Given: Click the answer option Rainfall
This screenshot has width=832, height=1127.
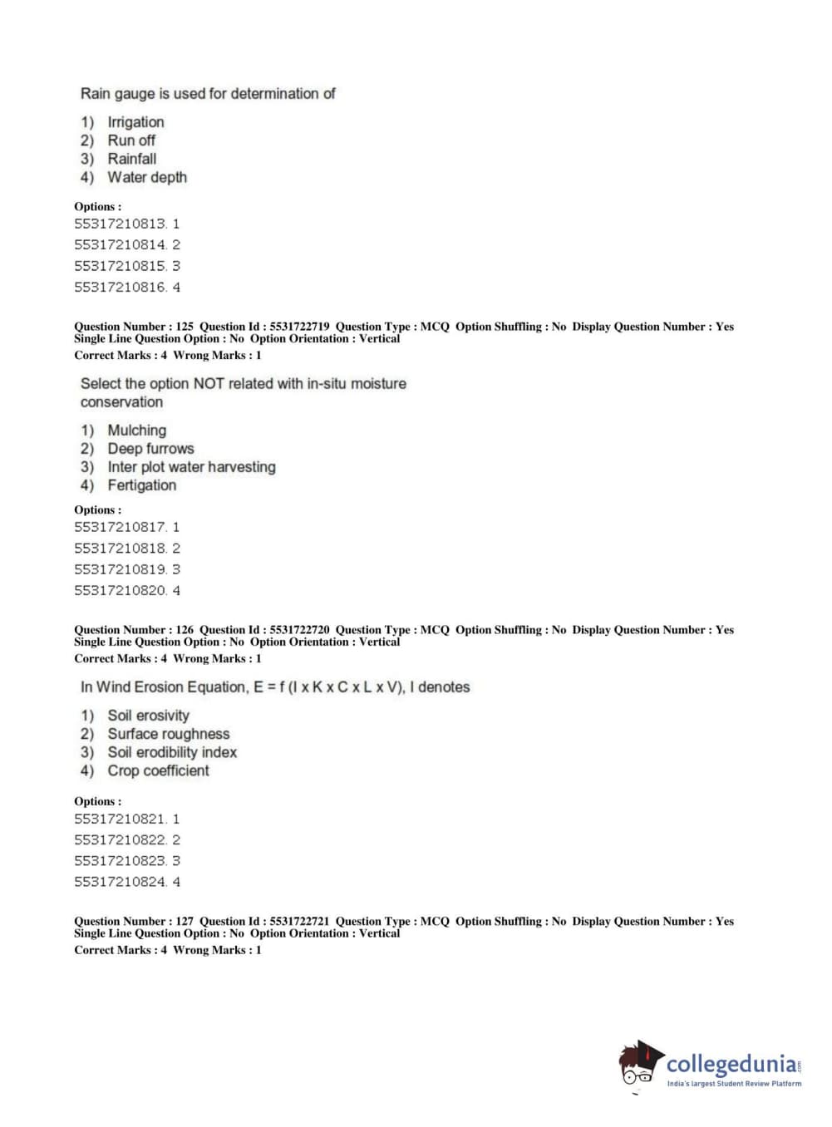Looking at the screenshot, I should (x=131, y=159).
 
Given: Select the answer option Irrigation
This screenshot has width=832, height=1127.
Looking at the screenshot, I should (x=135, y=122).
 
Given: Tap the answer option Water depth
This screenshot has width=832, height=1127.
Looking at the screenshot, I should (x=147, y=177).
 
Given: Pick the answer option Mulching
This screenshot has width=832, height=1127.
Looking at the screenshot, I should (x=136, y=431).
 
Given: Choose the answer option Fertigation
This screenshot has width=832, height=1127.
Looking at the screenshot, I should (x=141, y=485).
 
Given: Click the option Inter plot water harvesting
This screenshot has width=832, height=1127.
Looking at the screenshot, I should (x=191, y=467).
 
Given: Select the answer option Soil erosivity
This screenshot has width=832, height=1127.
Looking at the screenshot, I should (x=148, y=716).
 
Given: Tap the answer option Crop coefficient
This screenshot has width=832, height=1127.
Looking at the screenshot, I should (x=158, y=770).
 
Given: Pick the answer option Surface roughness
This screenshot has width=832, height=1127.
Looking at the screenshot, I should (x=168, y=734).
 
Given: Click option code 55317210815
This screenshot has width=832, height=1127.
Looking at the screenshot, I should (x=121, y=266).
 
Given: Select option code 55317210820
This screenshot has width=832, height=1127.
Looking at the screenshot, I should (x=121, y=591).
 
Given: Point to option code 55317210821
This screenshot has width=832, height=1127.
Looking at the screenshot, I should (x=121, y=819).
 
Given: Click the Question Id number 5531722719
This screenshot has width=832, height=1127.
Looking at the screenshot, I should (x=299, y=327).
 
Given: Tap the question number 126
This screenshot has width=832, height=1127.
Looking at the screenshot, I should (x=185, y=630).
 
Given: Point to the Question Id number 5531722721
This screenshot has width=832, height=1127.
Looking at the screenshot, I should (x=299, y=921).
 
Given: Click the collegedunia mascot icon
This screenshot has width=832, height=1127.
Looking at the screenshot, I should (x=639, y=1064).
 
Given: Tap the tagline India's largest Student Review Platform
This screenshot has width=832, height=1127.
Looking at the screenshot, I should (x=734, y=1084).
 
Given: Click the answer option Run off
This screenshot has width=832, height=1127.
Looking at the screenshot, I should (x=131, y=140).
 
